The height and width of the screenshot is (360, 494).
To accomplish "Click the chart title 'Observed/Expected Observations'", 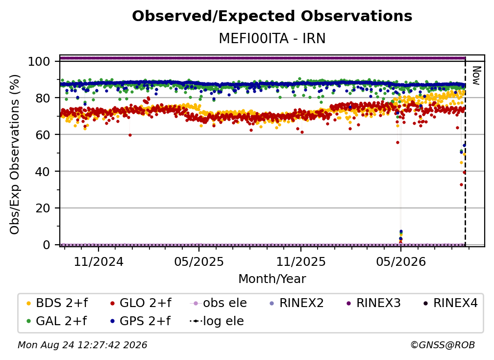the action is pos(272,16).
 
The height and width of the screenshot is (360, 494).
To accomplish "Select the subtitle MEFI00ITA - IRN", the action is pos(272,38).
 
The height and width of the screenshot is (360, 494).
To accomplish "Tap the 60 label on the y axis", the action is pos(43,135).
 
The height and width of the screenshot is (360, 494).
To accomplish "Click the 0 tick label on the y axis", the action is pos(47,245).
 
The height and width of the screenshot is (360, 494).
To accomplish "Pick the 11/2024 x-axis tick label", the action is pos(99,261).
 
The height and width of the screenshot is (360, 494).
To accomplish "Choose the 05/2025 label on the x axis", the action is pos(199,261).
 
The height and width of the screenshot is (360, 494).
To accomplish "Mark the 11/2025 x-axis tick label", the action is pos(301,261).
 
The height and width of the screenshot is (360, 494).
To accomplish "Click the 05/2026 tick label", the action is pos(401,261).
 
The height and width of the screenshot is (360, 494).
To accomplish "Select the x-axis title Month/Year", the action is pos(272,279).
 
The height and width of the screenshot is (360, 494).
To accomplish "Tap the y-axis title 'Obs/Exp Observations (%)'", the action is pos(15,154).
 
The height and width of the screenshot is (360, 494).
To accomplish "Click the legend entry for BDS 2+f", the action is pos(57,303).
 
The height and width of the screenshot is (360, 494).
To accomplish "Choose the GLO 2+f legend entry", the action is pos(141,303).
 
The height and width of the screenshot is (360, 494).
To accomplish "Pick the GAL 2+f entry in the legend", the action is pos(56,321).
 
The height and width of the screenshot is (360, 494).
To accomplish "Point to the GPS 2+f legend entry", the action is pos(140,321).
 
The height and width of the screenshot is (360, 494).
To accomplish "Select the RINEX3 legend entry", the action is pos(373,303).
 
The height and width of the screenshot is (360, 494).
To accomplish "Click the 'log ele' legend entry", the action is pos(217,321).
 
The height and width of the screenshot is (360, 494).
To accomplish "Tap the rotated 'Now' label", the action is pos(476,76).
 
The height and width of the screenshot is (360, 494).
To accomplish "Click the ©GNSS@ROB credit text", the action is pos(443,345).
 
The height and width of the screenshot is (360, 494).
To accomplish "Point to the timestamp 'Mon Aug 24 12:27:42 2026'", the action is pos(82,345).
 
